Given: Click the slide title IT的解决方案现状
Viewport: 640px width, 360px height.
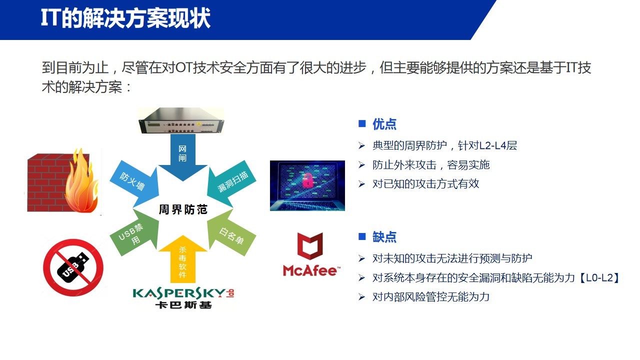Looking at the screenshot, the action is coord(125,18).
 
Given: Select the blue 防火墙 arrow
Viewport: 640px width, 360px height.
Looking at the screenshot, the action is coord(134,183).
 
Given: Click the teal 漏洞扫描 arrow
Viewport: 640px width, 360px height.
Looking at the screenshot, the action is coord(231,183).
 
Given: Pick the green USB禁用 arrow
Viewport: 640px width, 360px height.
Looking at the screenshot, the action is coord(134,233).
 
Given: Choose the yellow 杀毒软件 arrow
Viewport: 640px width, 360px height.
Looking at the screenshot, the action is coord(183,259).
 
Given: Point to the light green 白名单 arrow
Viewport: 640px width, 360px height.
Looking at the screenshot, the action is coord(231,233).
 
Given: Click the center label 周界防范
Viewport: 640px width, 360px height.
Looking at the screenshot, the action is coord(183,209).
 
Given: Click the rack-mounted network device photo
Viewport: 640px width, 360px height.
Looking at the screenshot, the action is coord(181,120).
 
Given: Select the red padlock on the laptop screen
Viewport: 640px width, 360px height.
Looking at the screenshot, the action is coord(307,180).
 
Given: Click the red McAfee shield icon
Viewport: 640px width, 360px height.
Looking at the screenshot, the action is coord(310,246).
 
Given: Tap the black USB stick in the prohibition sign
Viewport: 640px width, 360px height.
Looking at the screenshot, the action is coord(73,267).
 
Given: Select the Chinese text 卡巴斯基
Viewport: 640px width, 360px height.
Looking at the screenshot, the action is coord(183,305).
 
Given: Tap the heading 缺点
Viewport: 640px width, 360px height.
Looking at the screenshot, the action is coord(384,237).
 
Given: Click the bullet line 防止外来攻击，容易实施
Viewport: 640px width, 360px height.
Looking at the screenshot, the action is coord(431,165).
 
